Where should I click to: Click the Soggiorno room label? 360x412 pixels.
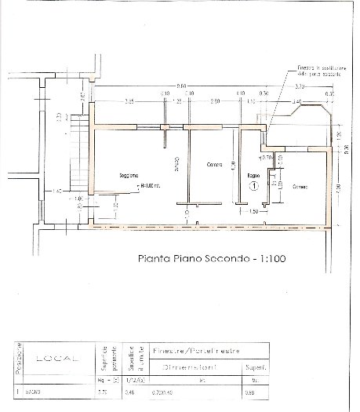click(129, 175)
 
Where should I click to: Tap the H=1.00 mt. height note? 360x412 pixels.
click(150, 186)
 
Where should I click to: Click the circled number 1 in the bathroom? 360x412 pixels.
click(254, 187)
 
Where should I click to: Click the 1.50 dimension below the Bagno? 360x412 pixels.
click(253, 212)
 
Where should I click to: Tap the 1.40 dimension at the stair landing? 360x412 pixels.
click(56, 191)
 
